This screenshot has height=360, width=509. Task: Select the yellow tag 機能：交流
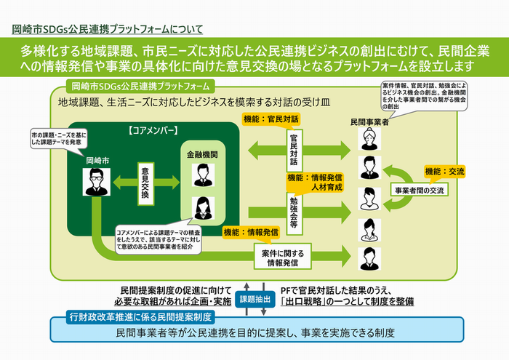(445, 172)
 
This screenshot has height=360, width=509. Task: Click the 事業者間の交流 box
(420, 191)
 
